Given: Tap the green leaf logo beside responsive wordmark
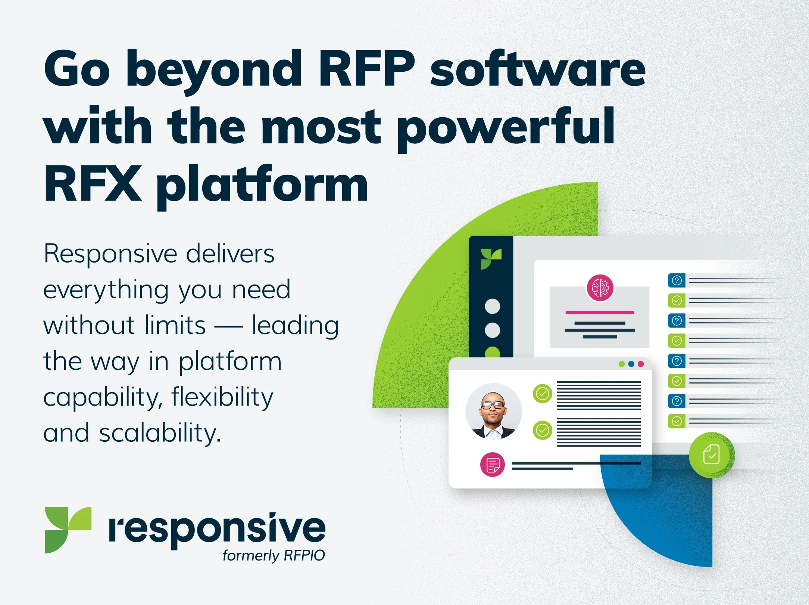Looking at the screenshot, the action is (x=68, y=530).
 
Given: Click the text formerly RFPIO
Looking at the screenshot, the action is (x=274, y=556).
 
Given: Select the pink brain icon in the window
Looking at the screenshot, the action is (x=600, y=288).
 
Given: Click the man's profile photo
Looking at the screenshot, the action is (x=493, y=411).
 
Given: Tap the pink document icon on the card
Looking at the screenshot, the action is (x=492, y=465).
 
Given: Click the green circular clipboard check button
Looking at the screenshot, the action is (x=711, y=455).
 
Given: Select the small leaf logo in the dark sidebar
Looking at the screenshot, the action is (x=491, y=259).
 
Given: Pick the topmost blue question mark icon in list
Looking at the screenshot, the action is (x=677, y=280).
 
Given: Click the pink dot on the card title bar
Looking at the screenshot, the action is (x=641, y=364).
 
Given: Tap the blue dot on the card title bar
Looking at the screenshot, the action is (x=631, y=364).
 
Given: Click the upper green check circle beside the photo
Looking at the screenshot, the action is (x=542, y=394).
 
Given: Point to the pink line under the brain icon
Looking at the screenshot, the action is (x=600, y=312).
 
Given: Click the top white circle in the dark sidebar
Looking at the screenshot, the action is (x=492, y=306).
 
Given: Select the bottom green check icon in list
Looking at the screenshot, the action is (x=677, y=421).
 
